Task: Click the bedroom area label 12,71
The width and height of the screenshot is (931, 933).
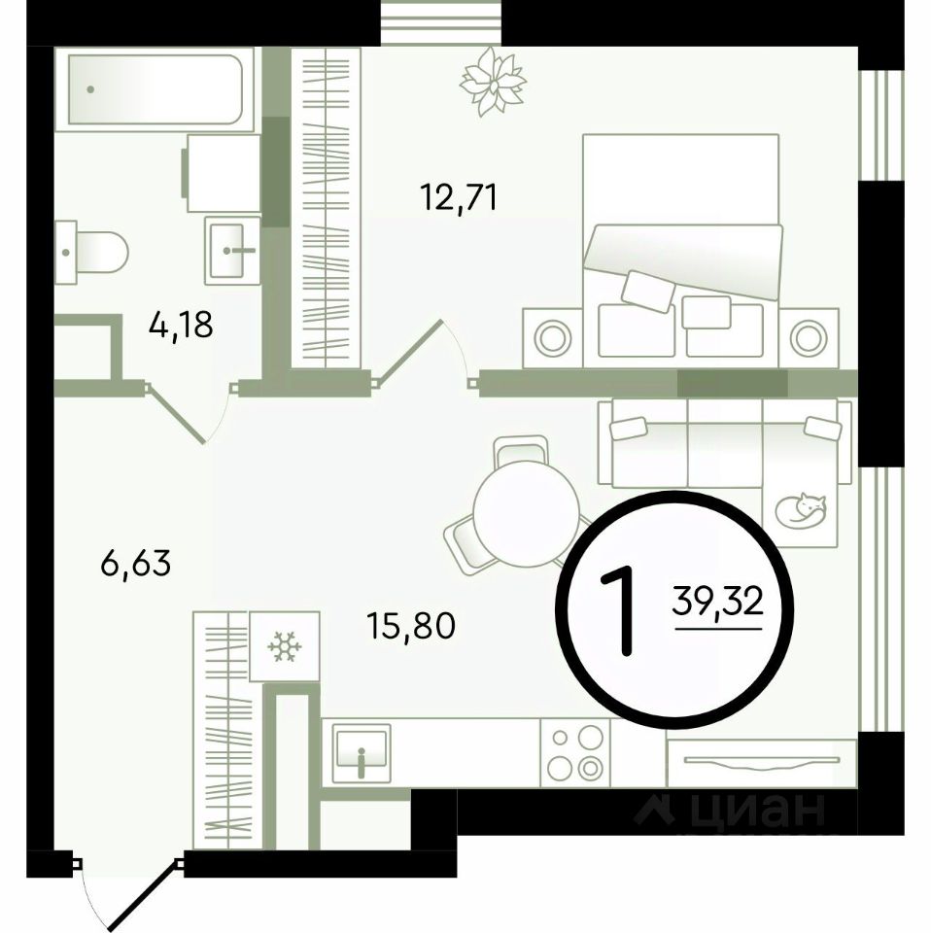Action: pyautogui.click(x=458, y=197)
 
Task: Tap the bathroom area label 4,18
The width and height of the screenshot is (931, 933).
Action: pyautogui.click(x=181, y=325)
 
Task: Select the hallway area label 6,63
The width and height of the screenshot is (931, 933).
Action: pyautogui.click(x=136, y=563)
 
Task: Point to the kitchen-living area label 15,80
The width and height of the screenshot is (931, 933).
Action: pyautogui.click(x=411, y=626)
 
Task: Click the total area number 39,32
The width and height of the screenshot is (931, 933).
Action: pyautogui.click(x=717, y=602)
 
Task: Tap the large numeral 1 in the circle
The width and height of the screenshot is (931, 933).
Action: pyautogui.click(x=620, y=610)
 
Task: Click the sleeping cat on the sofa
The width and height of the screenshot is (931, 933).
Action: pyautogui.click(x=802, y=510)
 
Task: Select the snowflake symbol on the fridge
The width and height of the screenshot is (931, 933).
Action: pyautogui.click(x=285, y=646)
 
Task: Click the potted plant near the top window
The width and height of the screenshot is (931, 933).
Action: pyautogui.click(x=493, y=82)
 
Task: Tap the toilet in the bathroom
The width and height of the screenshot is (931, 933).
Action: pyautogui.click(x=91, y=253)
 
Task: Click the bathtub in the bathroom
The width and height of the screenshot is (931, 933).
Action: pyautogui.click(x=155, y=89)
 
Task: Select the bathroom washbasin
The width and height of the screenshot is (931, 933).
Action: pyautogui.click(x=232, y=250)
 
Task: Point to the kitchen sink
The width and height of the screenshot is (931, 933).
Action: pyautogui.click(x=362, y=752)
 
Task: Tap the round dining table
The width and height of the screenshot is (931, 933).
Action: pyautogui.click(x=526, y=514)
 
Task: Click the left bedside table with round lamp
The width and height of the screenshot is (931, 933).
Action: pyautogui.click(x=553, y=338)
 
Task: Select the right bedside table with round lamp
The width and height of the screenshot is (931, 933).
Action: pyautogui.click(x=808, y=338)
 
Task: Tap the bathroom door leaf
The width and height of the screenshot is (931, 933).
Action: pyautogui.click(x=175, y=413)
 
